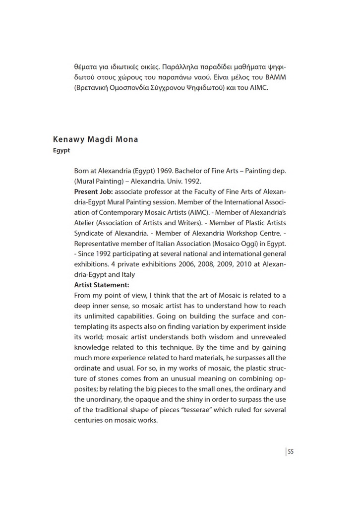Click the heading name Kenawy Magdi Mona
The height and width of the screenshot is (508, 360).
pos(95,139)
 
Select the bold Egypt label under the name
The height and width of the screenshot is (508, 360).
pos(61,150)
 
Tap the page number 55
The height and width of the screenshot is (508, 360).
pos(291,451)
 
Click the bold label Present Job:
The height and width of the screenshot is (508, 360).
pos(93,191)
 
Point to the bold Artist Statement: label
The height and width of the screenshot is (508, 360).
pos(102,285)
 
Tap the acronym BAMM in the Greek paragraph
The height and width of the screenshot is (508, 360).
pos(276,78)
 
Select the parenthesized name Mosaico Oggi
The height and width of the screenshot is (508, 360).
pos(240,244)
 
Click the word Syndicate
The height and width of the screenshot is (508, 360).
pos(90,233)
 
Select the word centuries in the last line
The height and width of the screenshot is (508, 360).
pos(90,420)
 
